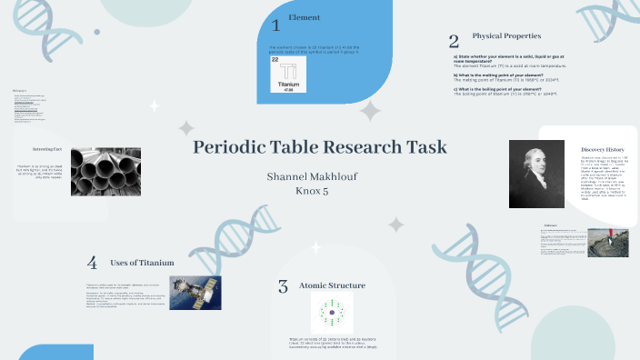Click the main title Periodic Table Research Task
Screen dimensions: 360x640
pos(320,146)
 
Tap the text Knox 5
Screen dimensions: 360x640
pos(320,191)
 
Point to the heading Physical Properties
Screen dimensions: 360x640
pos(506,35)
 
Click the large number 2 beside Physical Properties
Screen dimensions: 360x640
pos(453,40)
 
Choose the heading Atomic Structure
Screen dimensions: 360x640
pos(332,285)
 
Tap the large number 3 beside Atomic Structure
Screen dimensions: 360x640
pos(283,287)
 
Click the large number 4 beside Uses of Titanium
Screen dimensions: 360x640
pos(92,263)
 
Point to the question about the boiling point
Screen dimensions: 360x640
pos(505,88)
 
